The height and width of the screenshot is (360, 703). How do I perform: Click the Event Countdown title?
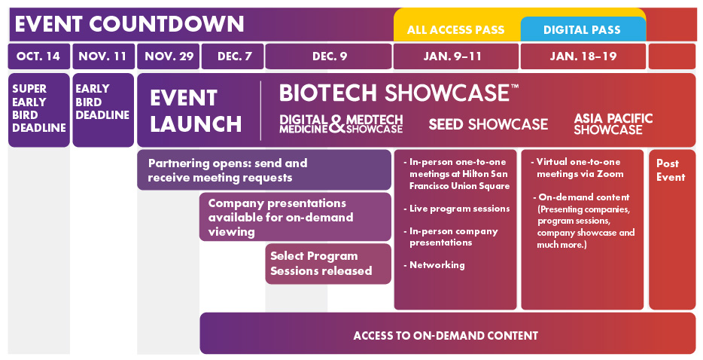pos(129,24)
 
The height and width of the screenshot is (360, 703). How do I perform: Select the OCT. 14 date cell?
pos(39,56)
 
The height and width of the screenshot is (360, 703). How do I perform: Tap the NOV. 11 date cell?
pos(103,56)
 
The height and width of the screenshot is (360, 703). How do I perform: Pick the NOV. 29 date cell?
pos(168,56)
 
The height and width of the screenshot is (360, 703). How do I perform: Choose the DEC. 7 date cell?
pos(233,56)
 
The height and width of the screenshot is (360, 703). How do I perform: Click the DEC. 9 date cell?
pos(329,56)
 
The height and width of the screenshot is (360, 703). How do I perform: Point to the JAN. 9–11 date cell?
pos(456,56)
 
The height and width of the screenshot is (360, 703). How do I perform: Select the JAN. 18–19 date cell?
pos(583,56)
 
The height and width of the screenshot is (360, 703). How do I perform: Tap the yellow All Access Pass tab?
pos(456,29)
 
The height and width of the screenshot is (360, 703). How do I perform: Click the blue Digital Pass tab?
pos(583,29)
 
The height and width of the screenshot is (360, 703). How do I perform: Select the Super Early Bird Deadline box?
pos(39,110)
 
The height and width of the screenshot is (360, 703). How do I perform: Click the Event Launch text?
pos(196,111)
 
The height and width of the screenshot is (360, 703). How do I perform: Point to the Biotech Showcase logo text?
pos(399,93)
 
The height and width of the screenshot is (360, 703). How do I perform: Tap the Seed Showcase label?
pos(488,124)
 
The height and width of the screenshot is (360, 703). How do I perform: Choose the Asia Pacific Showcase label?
pos(613,124)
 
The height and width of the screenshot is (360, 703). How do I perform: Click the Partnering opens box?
pos(264,170)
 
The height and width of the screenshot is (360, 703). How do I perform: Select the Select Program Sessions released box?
pos(328,264)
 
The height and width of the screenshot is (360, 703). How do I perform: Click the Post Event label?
pos(671,170)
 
